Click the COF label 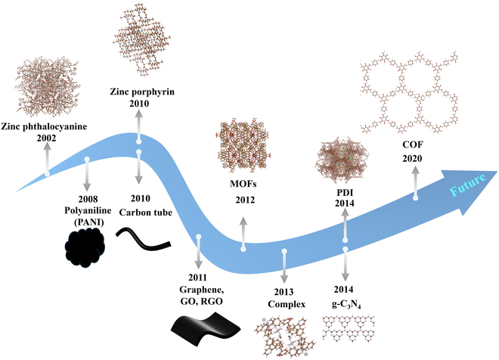pyautogui.click(x=415, y=146)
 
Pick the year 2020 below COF pyautogui.click(x=415, y=157)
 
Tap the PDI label pyautogui.click(x=345, y=193)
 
